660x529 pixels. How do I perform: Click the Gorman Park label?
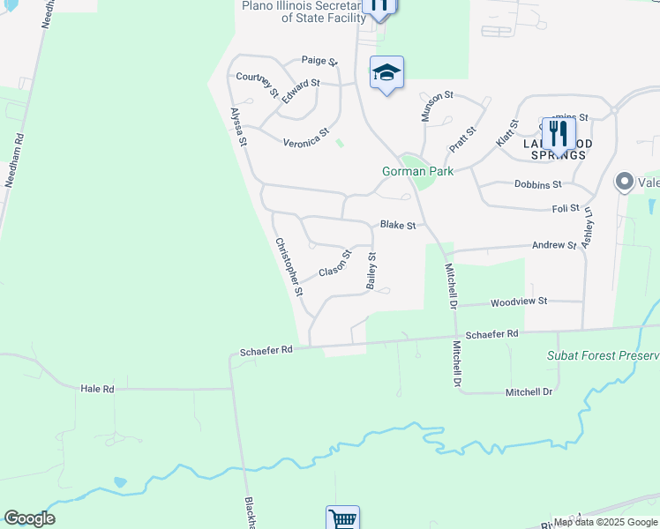pyautogui.click(x=416, y=171)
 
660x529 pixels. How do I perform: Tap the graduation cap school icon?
pyautogui.click(x=386, y=73)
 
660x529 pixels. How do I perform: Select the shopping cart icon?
pyautogui.click(x=341, y=518)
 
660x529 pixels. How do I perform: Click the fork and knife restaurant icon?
pyautogui.click(x=559, y=134)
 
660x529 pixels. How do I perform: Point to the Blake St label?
pyautogui.click(x=398, y=226)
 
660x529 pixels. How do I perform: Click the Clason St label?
pyautogui.click(x=335, y=263)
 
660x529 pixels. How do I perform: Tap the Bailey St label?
pyautogui.click(x=371, y=272)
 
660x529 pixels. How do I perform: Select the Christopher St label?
pyautogui.click(x=289, y=266)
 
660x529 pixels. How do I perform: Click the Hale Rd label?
pyautogui.click(x=97, y=388)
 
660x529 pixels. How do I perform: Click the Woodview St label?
pyautogui.click(x=519, y=301)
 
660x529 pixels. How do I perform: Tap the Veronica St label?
pyautogui.click(x=305, y=138)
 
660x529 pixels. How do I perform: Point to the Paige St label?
pyautogui.click(x=319, y=61)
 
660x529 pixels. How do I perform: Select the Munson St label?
pyautogui.click(x=436, y=106)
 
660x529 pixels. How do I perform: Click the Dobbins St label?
pyautogui.click(x=537, y=184)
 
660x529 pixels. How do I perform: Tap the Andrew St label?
pyautogui.click(x=554, y=246)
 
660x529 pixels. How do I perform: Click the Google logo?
pyautogui.click(x=29, y=518)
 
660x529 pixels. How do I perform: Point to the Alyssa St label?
pyautogui.click(x=236, y=127)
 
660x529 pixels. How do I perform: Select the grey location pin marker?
pyautogui.click(x=625, y=182)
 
